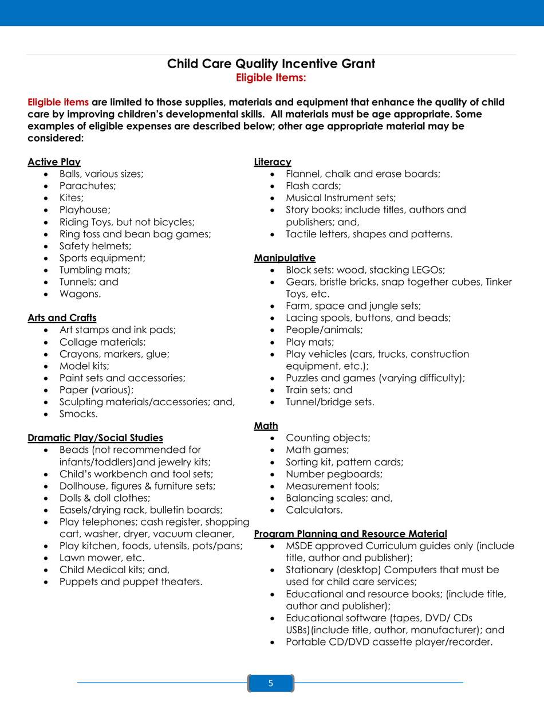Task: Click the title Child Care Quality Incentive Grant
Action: coord(271,64)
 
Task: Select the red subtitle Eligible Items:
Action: coord(271,76)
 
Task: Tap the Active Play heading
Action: coord(54,162)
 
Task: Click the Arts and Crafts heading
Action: coord(62,317)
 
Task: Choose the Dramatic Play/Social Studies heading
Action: coord(95,438)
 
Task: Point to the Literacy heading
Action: coord(273,162)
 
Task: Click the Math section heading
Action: coord(266,425)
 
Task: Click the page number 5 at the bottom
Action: coord(271,683)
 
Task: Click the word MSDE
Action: coord(299,546)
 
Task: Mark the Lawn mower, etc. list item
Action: coord(94,558)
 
